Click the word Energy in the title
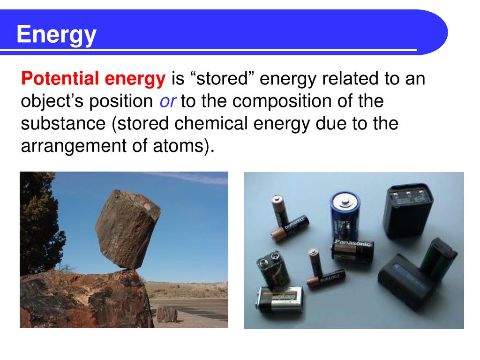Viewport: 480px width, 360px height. (57, 35)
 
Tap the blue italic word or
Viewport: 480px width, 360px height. (167, 101)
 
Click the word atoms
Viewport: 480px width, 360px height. (186, 147)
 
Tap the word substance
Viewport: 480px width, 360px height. (64, 124)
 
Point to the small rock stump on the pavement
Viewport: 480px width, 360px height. (167, 314)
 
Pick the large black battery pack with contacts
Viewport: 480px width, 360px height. (408, 211)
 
